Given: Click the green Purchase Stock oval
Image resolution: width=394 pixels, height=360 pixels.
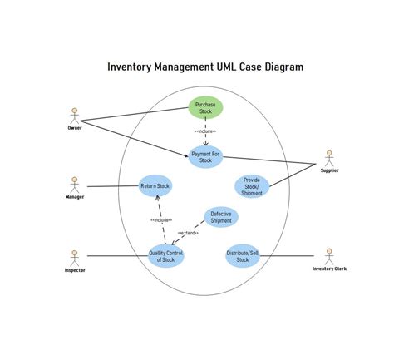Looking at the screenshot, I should click(x=205, y=109).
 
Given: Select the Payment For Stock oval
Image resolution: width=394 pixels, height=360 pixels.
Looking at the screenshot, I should click(x=205, y=156).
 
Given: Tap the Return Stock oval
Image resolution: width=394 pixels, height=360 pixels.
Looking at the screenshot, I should click(x=155, y=187).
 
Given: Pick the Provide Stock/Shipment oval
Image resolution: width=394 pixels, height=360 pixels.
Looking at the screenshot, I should click(x=251, y=186).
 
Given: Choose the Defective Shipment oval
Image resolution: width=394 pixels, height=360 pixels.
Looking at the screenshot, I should click(x=221, y=218).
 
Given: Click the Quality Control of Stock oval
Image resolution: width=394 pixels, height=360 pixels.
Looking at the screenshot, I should click(x=166, y=256).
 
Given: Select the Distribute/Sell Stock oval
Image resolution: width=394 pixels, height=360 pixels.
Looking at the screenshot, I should click(x=243, y=256).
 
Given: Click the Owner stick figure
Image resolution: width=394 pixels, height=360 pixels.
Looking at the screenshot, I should click(x=75, y=116).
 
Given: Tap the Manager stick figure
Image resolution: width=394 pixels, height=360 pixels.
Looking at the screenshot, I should click(x=75, y=185).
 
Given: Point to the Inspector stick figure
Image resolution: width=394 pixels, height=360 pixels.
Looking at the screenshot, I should click(x=75, y=257).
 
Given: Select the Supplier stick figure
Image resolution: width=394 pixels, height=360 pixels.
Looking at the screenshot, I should click(x=329, y=158).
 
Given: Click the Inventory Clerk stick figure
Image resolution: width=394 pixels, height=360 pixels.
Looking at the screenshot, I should click(x=329, y=256).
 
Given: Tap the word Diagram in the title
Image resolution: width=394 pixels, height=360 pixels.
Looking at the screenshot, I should click(x=283, y=67).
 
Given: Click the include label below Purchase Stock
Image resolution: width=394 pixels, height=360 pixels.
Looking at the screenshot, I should click(x=205, y=131).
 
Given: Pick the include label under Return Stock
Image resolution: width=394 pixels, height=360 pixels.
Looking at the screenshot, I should click(x=161, y=220).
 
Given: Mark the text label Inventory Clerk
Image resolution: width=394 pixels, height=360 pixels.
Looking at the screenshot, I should click(x=329, y=269).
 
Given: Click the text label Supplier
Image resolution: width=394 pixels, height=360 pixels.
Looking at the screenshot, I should click(x=329, y=170).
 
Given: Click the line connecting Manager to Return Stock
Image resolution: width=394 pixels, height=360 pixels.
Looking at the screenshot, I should click(x=112, y=186).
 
